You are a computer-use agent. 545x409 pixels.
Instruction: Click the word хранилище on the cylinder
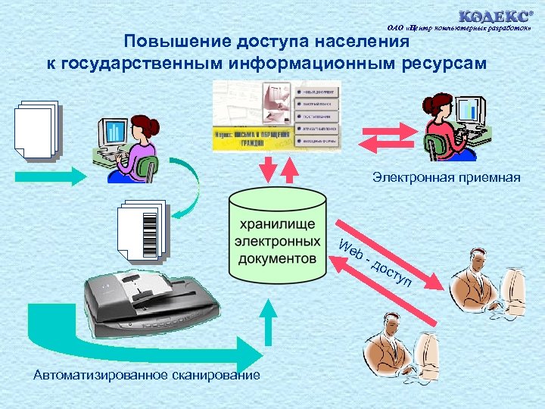click(277, 226)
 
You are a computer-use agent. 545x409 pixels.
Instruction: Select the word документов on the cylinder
click(277, 258)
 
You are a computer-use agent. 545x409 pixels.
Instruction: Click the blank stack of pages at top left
click(36, 130)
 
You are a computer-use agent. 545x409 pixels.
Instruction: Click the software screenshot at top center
click(277, 114)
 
